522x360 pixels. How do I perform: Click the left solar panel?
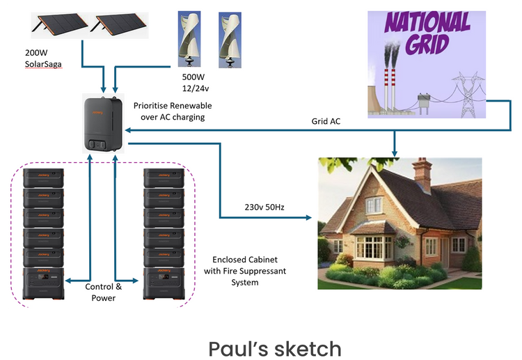59,24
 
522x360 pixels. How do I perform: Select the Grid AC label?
327,121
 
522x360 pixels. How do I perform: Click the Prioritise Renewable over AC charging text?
172,111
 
